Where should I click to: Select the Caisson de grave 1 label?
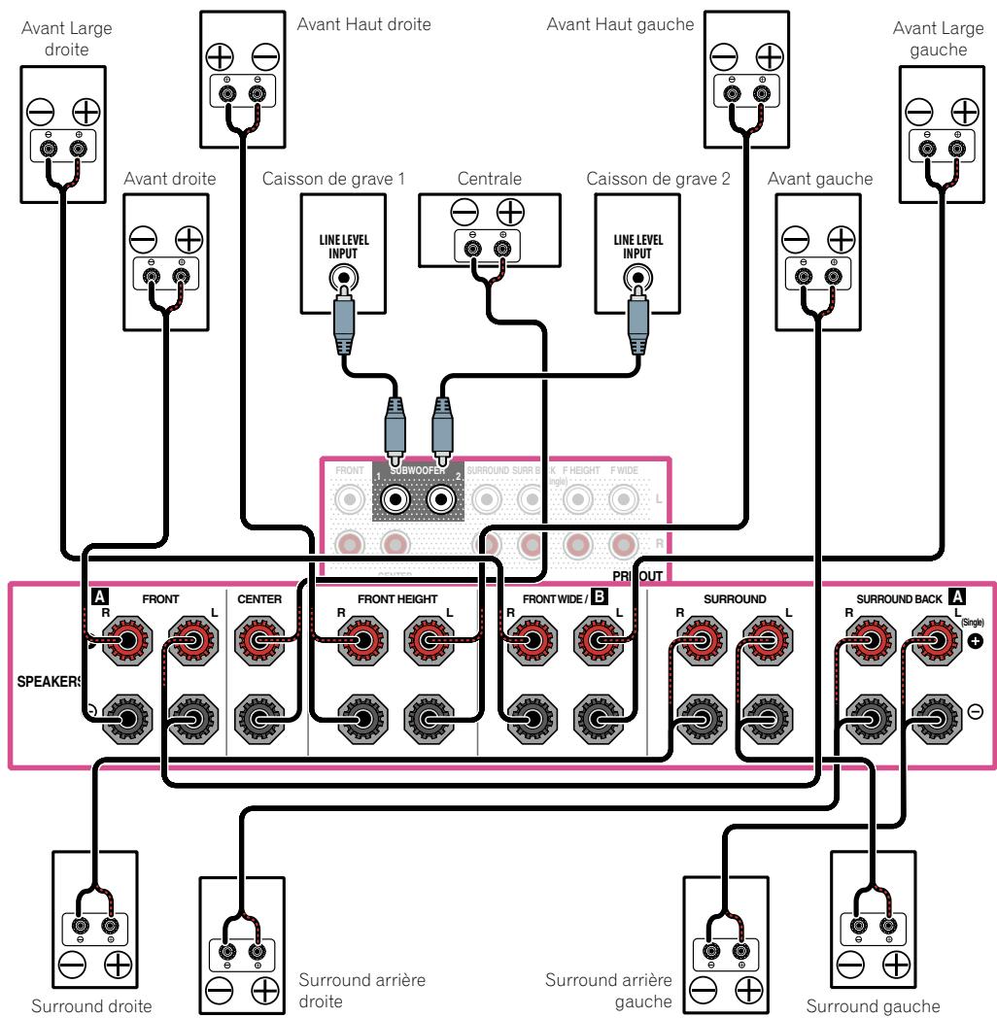[332, 180]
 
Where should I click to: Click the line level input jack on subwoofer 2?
[637, 282]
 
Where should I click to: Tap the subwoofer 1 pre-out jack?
[395, 501]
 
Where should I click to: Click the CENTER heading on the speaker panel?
[258, 599]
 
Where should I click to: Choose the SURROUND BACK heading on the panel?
[898, 599]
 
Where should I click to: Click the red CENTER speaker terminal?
[258, 644]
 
